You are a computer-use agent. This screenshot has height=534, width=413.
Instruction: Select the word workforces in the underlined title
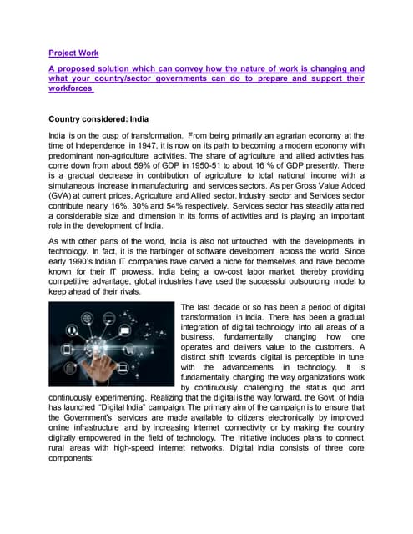tap(69, 89)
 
